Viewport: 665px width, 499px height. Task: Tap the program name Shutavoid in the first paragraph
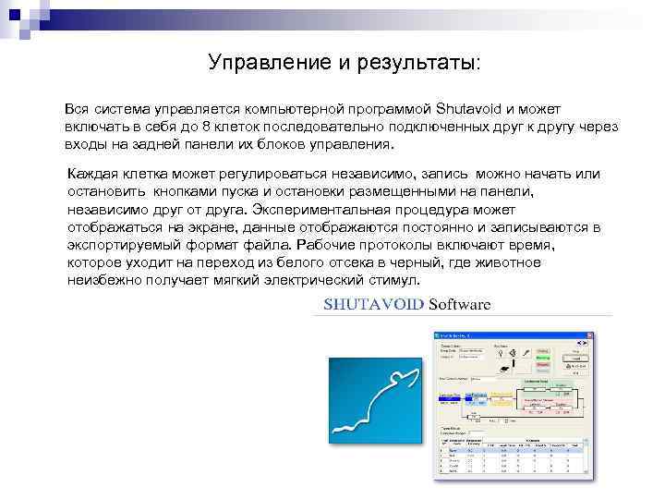click(467, 109)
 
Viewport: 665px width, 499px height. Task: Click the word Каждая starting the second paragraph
click(95, 174)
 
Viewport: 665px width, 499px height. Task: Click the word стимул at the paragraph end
click(394, 280)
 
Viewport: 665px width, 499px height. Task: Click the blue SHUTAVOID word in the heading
click(374, 304)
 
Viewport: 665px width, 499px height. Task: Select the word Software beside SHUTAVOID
click(460, 304)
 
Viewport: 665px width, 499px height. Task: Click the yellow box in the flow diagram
click(502, 397)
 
